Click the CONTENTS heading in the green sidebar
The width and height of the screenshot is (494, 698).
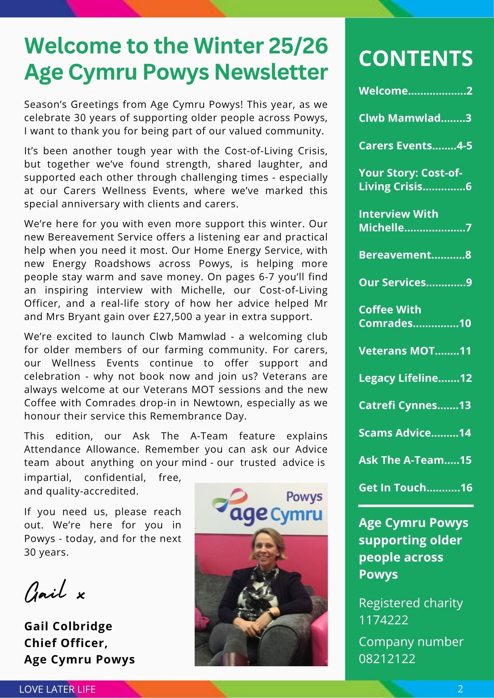coord(415,58)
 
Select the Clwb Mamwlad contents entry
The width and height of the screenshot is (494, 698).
coord(415,118)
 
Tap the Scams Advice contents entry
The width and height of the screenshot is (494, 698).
coord(415,433)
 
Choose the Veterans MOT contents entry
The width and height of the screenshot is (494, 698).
coord(415,351)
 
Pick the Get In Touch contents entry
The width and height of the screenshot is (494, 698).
coord(415,488)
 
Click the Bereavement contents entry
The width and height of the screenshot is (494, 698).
coord(415,255)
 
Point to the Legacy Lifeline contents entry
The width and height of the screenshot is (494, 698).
coord(415,378)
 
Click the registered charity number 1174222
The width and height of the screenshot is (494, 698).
coord(384,620)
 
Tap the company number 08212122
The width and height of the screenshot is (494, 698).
coord(387,659)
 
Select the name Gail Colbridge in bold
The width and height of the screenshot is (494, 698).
coord(68,626)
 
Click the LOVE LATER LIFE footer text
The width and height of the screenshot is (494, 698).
coord(57,689)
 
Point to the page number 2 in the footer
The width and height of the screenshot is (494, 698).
coord(460,689)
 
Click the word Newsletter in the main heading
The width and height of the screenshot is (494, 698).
coord(271,72)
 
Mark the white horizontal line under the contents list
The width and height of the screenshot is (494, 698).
coord(416,506)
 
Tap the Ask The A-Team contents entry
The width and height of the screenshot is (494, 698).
coord(415,460)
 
